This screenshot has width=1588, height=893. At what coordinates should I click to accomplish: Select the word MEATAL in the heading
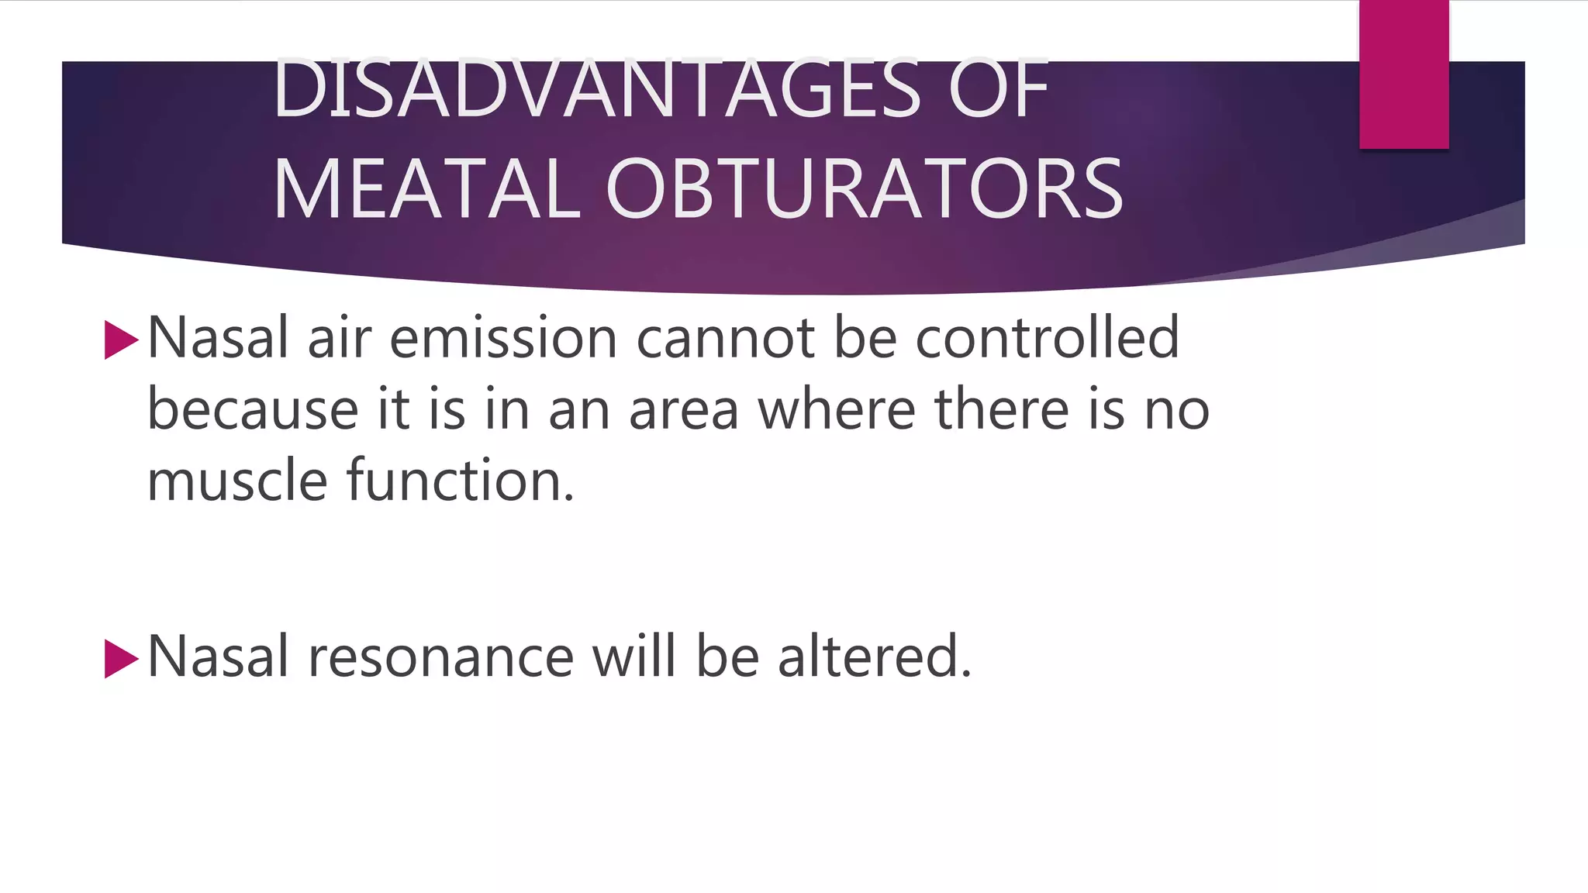pos(427,189)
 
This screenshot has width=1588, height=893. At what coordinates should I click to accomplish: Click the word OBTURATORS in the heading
pos(864,189)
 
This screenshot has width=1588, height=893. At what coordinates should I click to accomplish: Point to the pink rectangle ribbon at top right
pos(1403,74)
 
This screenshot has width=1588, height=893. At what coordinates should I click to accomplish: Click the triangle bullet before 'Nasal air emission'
pos(121,340)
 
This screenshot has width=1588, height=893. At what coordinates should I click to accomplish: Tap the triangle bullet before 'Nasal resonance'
pos(121,658)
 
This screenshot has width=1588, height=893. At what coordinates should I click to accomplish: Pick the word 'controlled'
pos(1047,339)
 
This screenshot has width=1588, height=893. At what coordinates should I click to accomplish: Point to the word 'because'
pos(253,409)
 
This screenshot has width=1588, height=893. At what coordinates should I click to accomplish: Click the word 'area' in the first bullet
pos(683,409)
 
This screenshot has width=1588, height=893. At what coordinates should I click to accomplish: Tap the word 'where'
pos(837,409)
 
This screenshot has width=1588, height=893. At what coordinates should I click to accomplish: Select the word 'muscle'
pos(237,481)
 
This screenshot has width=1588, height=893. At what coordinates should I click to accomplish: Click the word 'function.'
pos(461,481)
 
